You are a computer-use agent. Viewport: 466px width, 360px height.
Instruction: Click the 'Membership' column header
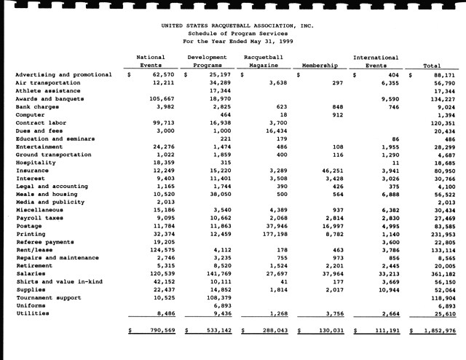317,65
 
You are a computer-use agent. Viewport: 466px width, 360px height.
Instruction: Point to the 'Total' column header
434,65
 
